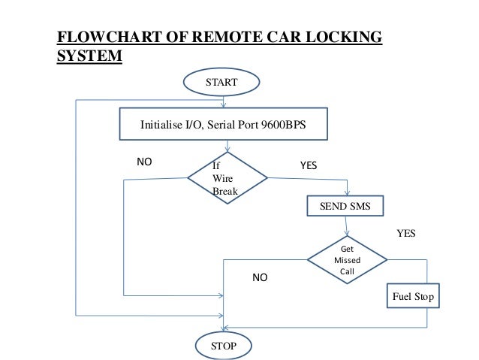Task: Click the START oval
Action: [222, 83]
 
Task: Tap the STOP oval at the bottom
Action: [223, 346]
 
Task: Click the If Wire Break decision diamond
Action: [227, 178]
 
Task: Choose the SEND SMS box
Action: [345, 205]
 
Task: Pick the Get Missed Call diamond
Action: [347, 259]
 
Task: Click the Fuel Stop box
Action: [413, 297]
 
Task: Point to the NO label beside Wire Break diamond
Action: [143, 162]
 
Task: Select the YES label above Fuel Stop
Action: [405, 234]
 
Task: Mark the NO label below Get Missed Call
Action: [259, 278]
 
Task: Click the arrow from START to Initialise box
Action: [222, 101]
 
